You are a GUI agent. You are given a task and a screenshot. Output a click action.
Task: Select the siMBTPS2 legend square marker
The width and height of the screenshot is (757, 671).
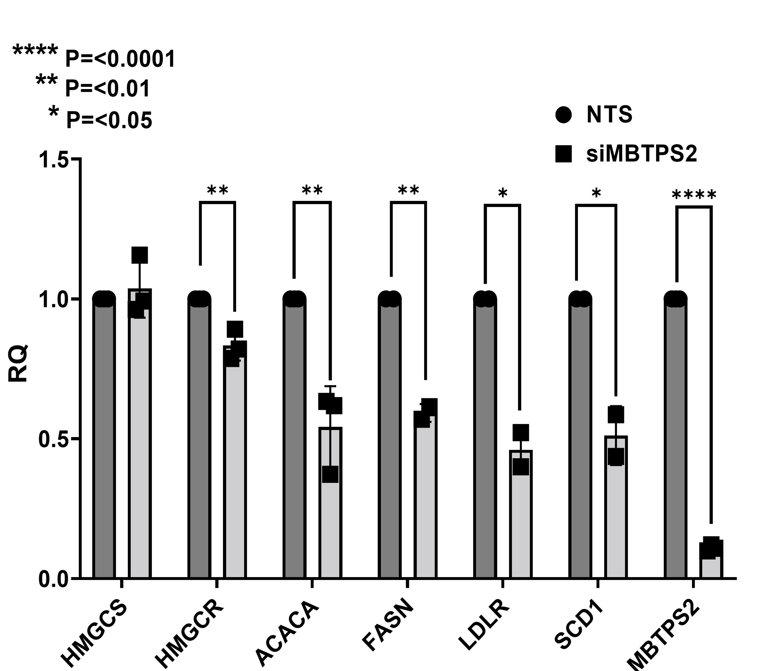[563, 154]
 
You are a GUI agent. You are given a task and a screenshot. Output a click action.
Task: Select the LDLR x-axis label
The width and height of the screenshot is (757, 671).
[484, 626]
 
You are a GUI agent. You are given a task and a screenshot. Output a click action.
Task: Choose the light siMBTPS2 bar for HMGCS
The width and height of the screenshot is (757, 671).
[140, 434]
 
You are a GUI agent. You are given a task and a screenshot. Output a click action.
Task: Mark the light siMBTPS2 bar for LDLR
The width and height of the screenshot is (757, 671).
[521, 515]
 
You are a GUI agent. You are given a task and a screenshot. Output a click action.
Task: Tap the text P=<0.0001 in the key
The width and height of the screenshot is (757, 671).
[120, 59]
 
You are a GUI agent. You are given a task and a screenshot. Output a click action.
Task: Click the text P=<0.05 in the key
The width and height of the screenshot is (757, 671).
[109, 120]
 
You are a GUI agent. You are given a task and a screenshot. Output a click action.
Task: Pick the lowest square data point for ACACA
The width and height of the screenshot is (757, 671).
[330, 474]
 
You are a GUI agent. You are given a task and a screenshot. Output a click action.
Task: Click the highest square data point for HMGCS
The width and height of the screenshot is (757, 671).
[140, 255]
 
